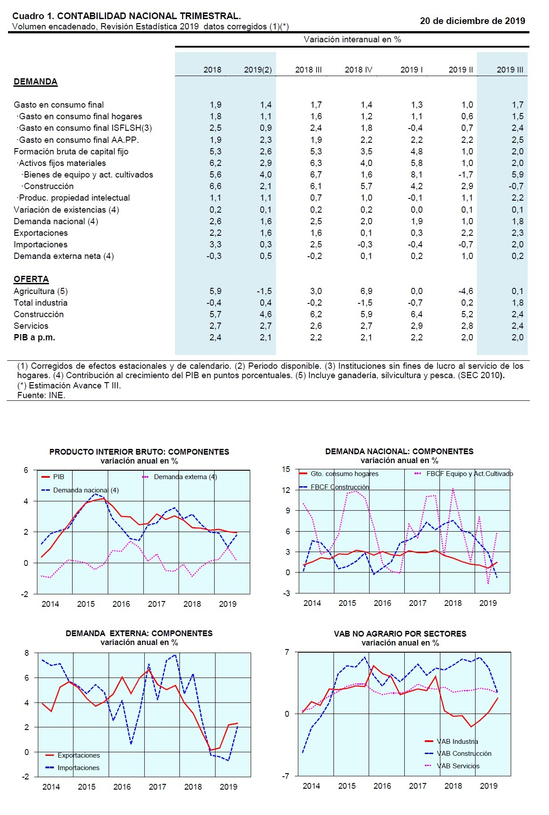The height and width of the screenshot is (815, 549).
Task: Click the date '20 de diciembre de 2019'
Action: coord(472,21)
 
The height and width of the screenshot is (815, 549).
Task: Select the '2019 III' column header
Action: coord(510,70)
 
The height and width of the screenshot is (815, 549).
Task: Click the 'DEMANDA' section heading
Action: coord(36,82)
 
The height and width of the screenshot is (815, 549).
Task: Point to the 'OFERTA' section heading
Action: coord(31,279)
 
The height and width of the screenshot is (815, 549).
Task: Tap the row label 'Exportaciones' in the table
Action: coord(41,233)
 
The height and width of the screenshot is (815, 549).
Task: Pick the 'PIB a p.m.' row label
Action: coord(34,338)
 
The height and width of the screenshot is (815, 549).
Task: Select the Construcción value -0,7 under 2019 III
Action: coord(516,186)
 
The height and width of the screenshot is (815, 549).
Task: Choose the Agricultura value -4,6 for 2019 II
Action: coord(466,291)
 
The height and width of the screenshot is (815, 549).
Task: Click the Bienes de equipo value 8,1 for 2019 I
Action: coord(416,175)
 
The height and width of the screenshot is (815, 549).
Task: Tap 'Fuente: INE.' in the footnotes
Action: coord(41,395)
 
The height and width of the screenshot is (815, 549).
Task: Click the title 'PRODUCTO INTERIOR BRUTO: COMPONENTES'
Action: coord(139,452)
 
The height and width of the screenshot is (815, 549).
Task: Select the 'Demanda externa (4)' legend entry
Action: coord(185,477)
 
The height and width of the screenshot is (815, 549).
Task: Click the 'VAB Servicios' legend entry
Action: coord(458,766)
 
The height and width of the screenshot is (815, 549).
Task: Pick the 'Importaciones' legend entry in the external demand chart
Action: coord(78,768)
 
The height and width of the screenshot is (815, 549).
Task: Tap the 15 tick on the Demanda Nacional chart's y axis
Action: coord(286,469)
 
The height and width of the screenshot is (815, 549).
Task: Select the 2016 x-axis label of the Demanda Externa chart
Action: coord(122,787)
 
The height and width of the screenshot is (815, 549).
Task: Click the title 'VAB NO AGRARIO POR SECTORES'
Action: coord(400,634)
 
